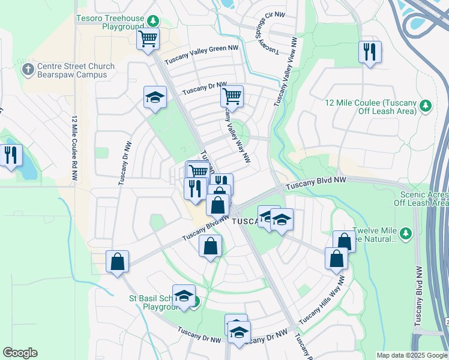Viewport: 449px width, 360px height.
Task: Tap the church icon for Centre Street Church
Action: (x=28, y=70)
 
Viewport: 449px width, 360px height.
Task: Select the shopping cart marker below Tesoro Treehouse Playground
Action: (x=148, y=40)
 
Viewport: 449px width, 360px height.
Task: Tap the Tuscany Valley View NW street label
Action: (x=286, y=72)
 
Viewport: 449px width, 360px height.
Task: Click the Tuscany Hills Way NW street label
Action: (x=322, y=300)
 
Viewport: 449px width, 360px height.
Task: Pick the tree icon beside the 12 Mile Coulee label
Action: (x=426, y=106)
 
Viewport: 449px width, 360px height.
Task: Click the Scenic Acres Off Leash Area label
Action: (x=424, y=199)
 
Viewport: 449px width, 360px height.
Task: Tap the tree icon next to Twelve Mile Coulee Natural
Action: (x=406, y=232)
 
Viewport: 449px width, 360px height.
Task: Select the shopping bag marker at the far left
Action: (x=118, y=262)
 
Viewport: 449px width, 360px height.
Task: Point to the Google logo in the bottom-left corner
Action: (x=20, y=353)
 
